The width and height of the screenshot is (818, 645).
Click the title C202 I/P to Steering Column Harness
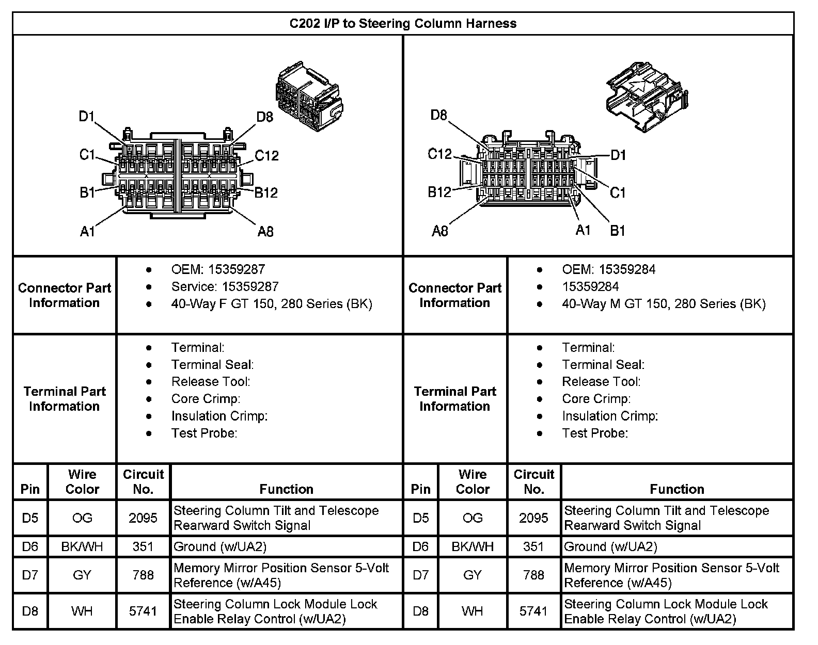(x=402, y=23)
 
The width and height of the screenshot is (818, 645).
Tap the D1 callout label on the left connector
(x=87, y=117)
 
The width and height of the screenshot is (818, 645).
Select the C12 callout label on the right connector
(x=439, y=154)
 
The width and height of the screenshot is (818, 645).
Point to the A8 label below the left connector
(x=265, y=232)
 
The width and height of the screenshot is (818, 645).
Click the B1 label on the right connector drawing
(x=618, y=230)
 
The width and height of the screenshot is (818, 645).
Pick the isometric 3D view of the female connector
(x=309, y=99)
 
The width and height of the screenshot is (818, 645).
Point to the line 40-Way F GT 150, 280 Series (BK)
(x=272, y=304)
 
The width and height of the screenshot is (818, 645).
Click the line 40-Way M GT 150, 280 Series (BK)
(x=664, y=304)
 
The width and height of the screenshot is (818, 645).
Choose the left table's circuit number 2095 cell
(x=143, y=518)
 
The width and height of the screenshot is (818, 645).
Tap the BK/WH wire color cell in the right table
(x=473, y=546)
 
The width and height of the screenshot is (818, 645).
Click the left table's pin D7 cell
(x=30, y=575)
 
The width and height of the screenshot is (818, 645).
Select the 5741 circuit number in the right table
(x=533, y=611)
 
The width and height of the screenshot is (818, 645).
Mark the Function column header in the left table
(x=286, y=489)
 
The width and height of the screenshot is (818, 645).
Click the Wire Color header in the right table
(x=473, y=481)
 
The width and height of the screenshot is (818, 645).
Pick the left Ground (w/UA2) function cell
(x=220, y=546)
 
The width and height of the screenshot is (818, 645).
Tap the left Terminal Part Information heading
(x=65, y=399)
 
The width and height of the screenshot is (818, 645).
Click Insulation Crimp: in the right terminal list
(x=610, y=416)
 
